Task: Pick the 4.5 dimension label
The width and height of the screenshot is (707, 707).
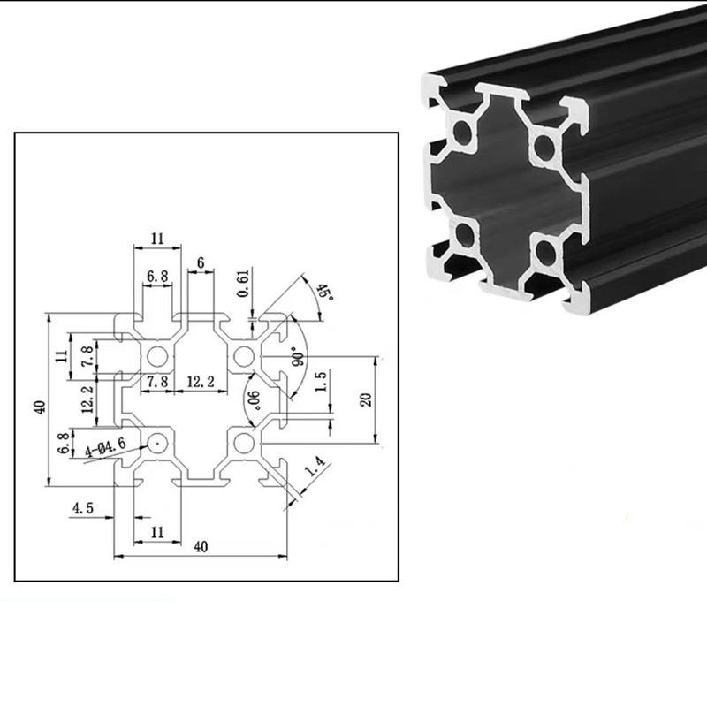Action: pos(82,508)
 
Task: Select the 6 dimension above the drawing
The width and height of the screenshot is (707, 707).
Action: pos(201,263)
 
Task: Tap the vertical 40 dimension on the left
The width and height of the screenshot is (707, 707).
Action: pos(38,407)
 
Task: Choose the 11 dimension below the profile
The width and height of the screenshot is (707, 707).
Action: pos(157,532)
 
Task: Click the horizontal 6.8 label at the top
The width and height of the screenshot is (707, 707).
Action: pos(158,276)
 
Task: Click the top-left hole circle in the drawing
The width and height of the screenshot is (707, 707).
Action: pos(159,356)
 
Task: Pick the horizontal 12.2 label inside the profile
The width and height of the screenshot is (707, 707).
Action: pos(201,382)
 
